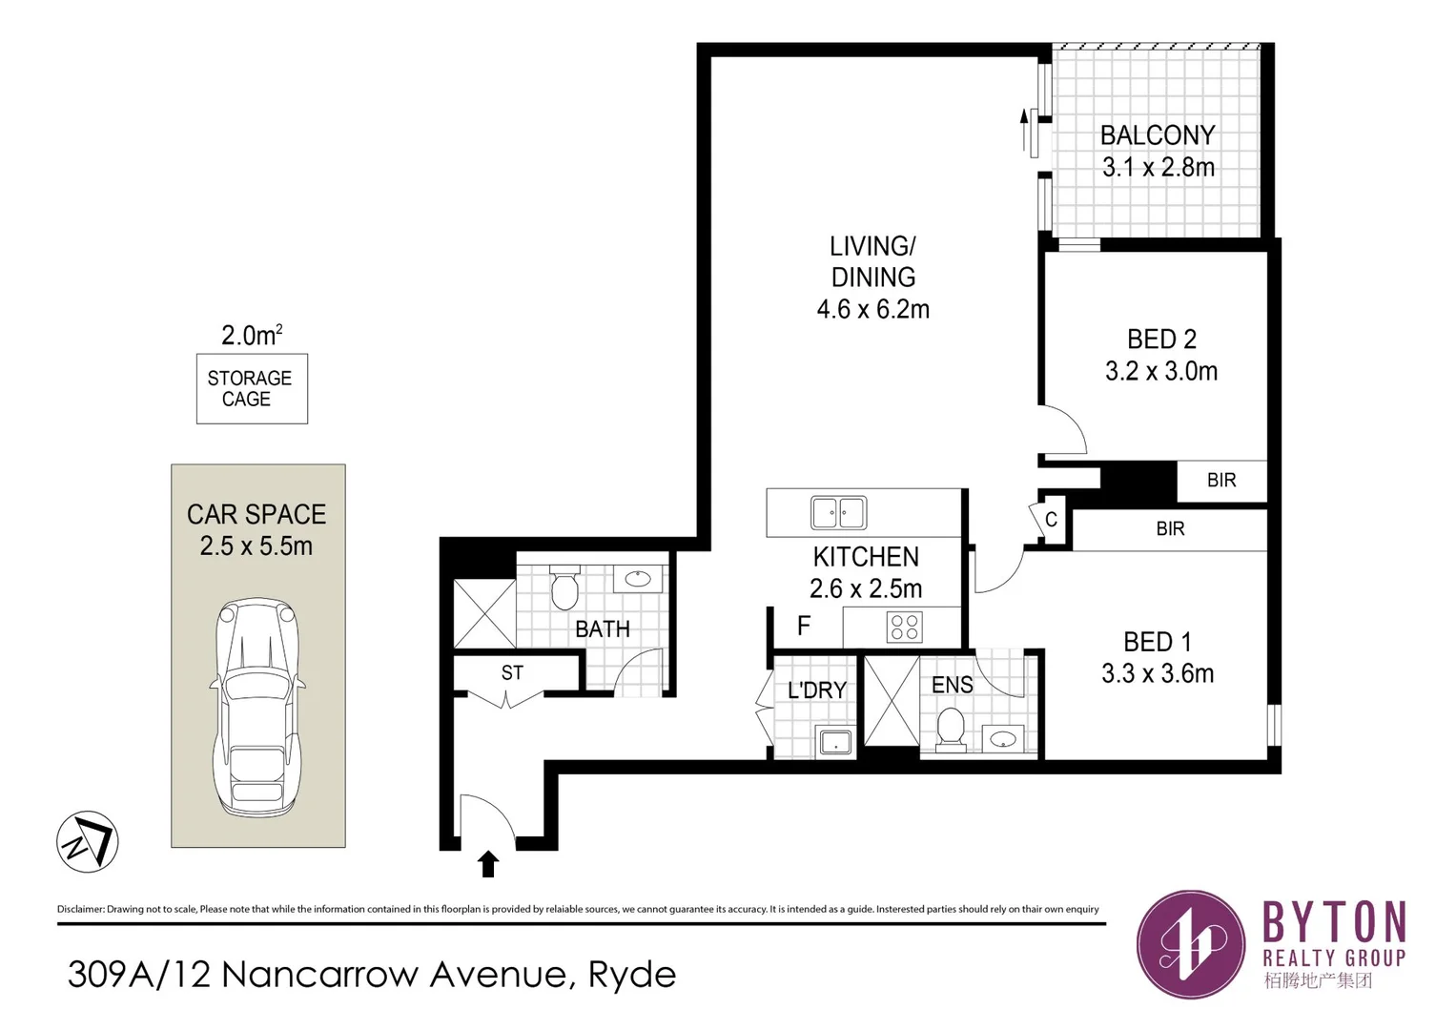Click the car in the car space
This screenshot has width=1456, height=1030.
[257, 707]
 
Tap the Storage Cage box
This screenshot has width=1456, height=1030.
[252, 389]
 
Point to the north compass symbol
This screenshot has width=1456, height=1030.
[87, 841]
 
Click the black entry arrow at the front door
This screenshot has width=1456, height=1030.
[488, 865]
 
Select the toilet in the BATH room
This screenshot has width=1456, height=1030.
[564, 587]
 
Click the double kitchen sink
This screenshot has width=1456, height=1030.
[838, 512]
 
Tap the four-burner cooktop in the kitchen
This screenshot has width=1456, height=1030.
[904, 628]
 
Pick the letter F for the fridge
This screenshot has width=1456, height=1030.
[804, 626]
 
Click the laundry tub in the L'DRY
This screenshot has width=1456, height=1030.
[836, 741]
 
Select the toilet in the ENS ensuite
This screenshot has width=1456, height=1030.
[951, 730]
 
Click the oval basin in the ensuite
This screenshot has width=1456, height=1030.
[1002, 739]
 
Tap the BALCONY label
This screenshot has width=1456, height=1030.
[1158, 135]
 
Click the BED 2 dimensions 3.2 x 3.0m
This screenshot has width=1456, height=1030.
[1161, 371]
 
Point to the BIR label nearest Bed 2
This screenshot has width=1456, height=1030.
[1221, 481]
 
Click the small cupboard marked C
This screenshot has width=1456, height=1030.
[1051, 520]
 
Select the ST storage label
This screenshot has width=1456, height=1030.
[512, 673]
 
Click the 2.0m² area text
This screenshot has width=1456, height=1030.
[252, 335]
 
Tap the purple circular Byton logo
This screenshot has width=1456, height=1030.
[1190, 944]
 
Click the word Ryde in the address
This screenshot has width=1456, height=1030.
[632, 976]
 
